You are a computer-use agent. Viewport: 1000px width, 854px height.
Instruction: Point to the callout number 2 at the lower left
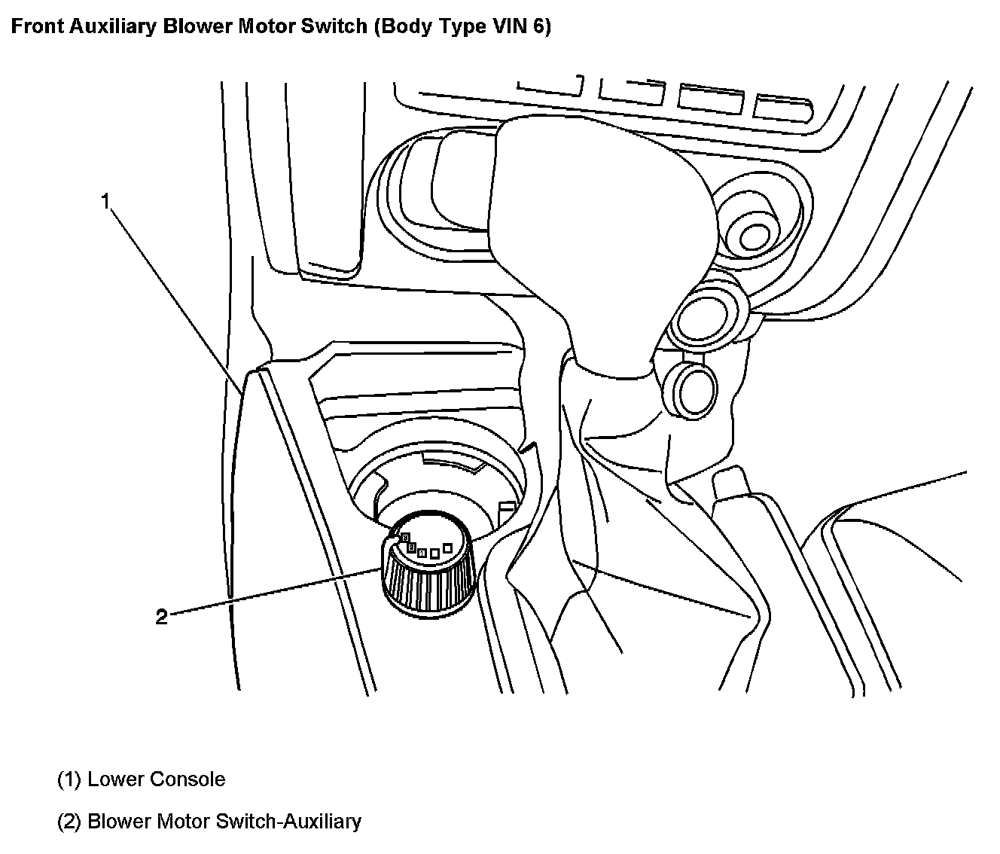[x=161, y=618]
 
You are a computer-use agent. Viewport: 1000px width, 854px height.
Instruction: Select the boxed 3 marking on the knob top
[x=405, y=537]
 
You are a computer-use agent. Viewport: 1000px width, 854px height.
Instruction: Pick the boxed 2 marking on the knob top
[x=411, y=547]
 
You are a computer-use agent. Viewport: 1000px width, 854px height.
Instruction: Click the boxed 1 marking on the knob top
[x=422, y=554]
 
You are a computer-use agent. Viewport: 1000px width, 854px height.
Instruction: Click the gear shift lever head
[x=602, y=226]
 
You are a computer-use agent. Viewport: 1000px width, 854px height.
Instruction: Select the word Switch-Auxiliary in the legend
[x=288, y=821]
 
